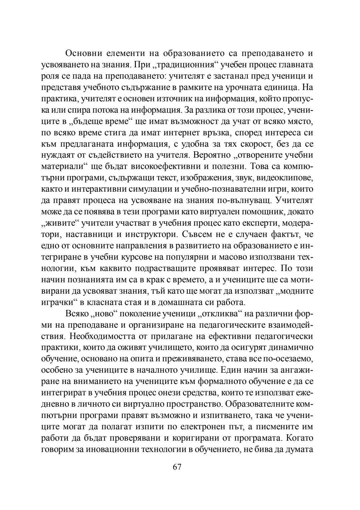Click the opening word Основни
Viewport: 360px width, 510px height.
tap(83, 53)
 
